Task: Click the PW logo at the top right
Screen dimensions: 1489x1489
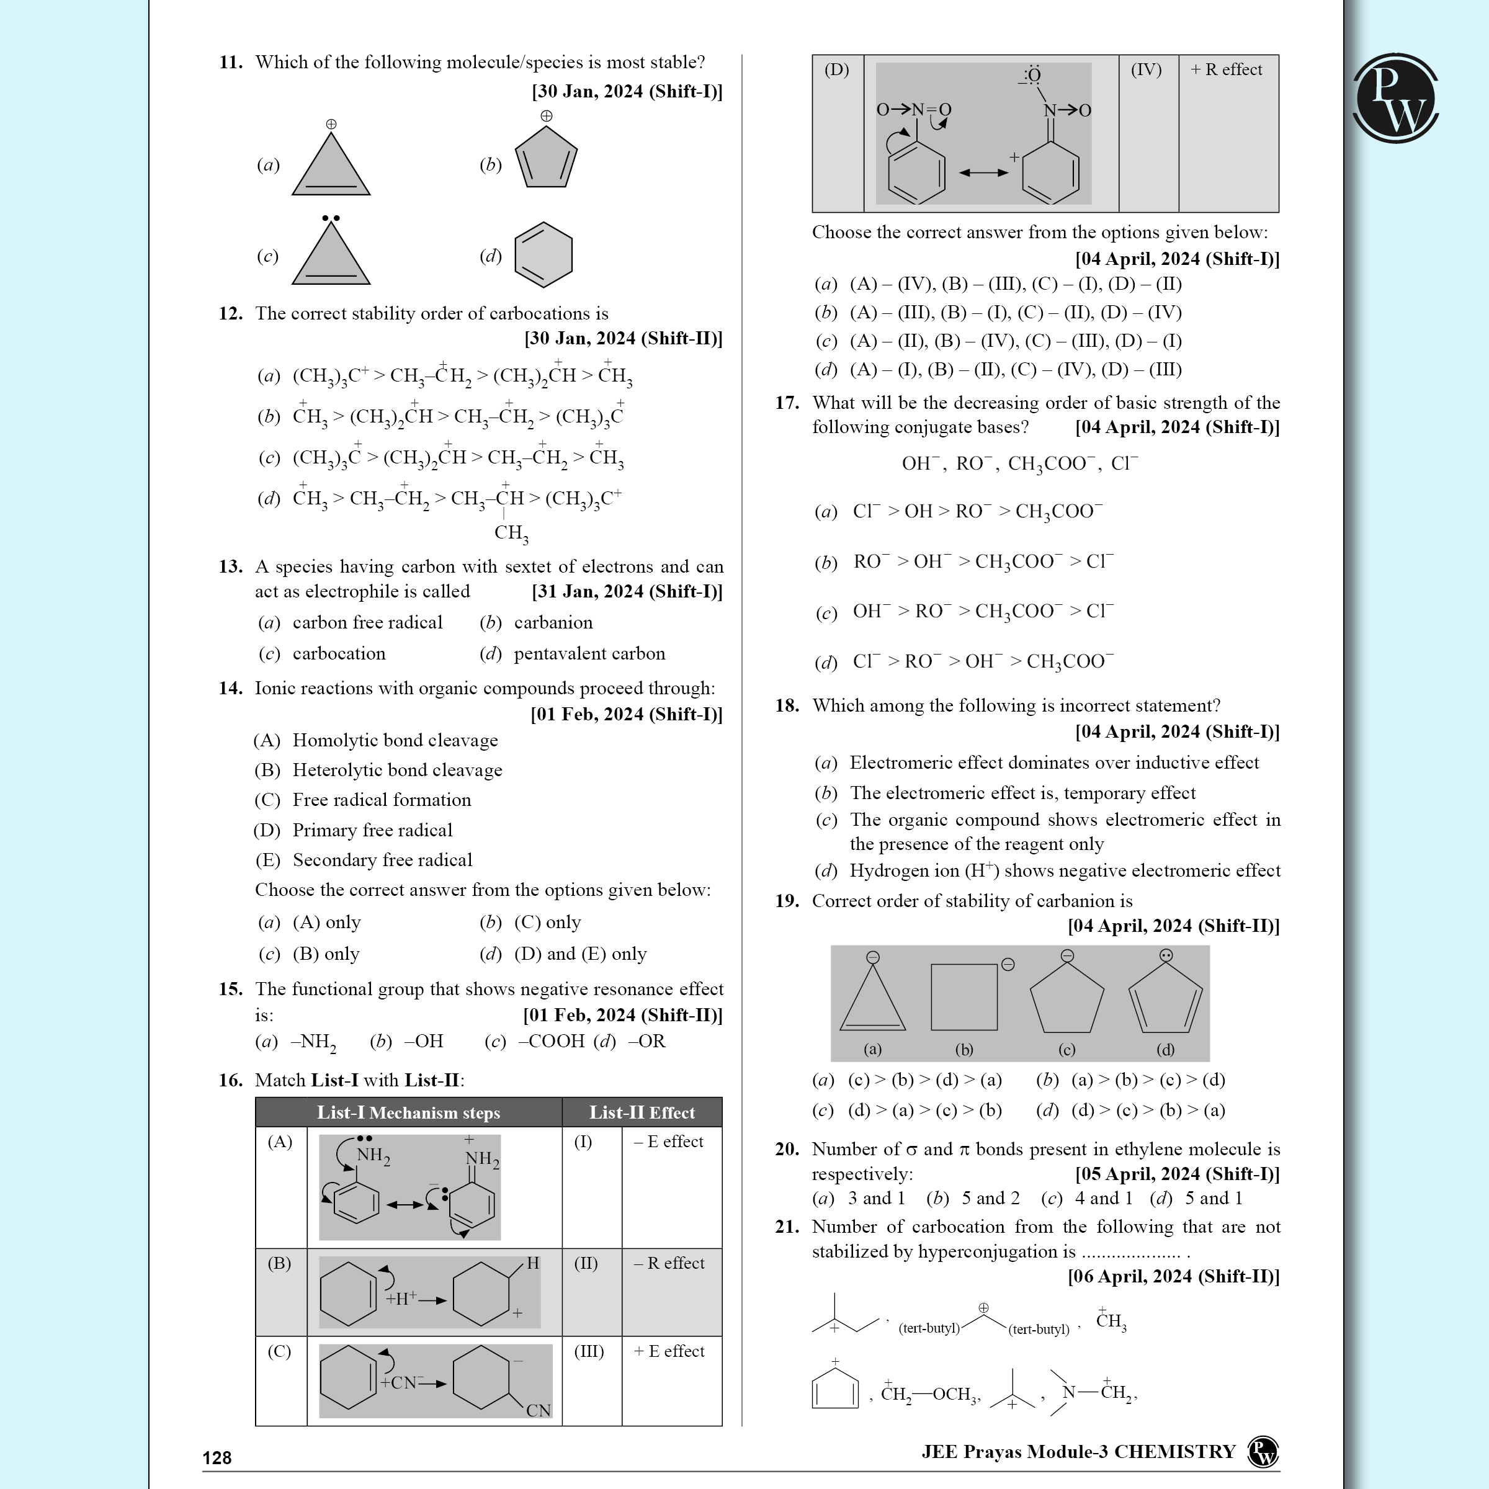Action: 1396,98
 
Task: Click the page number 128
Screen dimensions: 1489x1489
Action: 217,1457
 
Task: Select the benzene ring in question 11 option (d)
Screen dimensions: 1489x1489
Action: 543,255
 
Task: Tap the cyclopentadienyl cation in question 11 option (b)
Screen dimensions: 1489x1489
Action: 546,158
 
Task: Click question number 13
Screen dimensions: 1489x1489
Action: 230,566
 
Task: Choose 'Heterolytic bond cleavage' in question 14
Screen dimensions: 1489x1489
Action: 397,770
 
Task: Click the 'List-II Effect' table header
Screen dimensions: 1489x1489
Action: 642,1112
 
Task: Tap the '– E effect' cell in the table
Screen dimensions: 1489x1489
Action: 668,1142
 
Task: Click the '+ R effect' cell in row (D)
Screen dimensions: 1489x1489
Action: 1226,69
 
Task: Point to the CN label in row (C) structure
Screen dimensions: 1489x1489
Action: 538,1410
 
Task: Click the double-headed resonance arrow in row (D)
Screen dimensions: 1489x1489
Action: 983,172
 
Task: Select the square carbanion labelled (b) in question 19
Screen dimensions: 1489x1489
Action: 964,996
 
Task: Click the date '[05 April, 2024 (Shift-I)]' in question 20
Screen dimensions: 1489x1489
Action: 1177,1174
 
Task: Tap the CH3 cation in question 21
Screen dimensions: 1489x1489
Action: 1111,1321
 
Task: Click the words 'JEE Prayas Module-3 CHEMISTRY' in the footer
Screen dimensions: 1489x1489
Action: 1078,1452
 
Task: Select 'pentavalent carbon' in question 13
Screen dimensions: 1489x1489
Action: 589,653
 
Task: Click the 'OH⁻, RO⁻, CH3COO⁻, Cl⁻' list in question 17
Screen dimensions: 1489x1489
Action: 1019,464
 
